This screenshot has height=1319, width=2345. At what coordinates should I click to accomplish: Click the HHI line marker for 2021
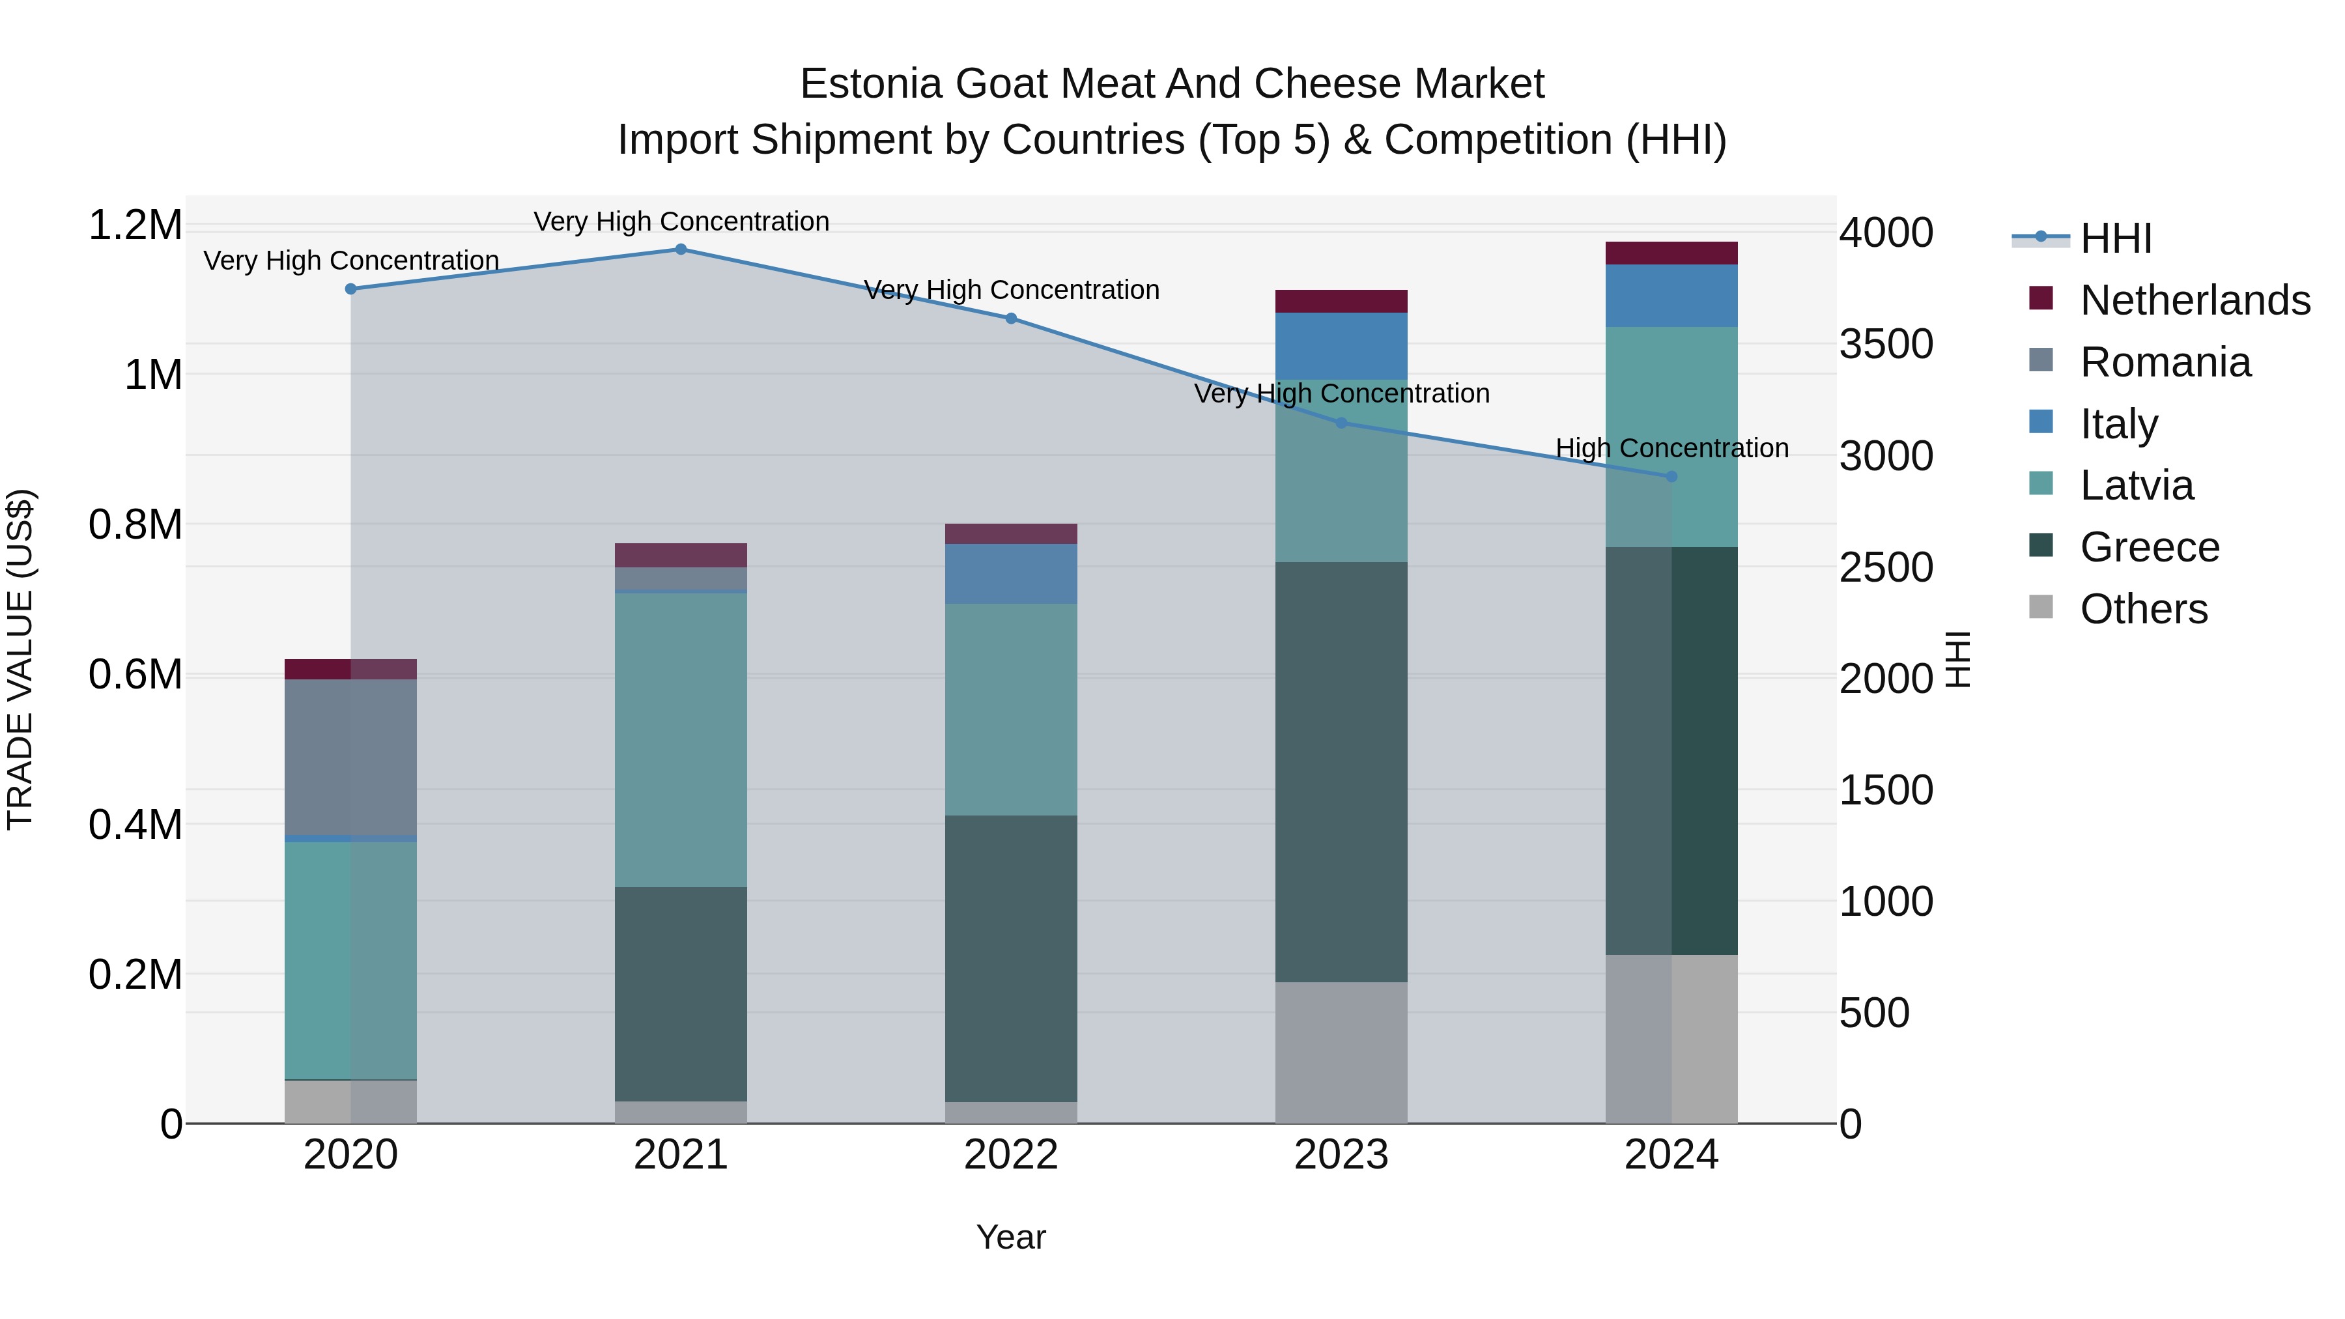click(x=680, y=249)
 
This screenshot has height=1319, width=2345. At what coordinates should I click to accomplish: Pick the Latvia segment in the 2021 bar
click(x=680, y=739)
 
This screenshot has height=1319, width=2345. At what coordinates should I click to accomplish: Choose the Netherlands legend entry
click(x=2194, y=300)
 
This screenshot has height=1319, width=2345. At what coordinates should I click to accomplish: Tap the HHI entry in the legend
click(x=2114, y=238)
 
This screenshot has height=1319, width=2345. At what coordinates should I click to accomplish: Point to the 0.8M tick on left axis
click(x=135, y=525)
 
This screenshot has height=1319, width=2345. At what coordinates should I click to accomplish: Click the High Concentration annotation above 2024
click(x=1671, y=449)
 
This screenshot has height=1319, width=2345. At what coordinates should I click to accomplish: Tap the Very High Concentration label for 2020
click(x=350, y=261)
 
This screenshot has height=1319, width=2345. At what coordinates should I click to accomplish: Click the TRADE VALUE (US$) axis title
click(x=20, y=659)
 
